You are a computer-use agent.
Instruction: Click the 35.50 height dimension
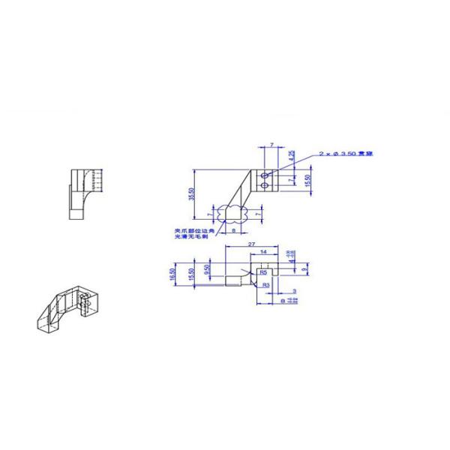[x=193, y=194]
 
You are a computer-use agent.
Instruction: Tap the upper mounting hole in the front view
[x=265, y=174]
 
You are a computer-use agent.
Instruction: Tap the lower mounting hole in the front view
[x=265, y=183]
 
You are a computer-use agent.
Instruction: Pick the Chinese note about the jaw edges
[x=192, y=233]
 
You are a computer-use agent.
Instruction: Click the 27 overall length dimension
[x=250, y=245]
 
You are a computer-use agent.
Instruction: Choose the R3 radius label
[x=266, y=286]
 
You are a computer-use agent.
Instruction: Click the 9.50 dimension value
[x=206, y=269]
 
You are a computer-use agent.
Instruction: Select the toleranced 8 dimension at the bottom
[x=284, y=300]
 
